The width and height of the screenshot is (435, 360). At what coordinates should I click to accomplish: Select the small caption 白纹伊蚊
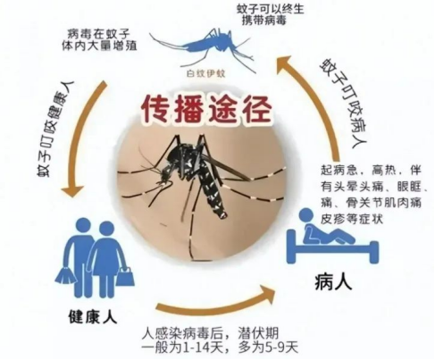click(206, 73)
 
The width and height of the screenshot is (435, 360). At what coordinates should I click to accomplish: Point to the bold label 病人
click(333, 281)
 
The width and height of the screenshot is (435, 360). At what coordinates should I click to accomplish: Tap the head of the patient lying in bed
click(307, 215)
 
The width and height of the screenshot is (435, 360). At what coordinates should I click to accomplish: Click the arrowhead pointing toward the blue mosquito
click(287, 66)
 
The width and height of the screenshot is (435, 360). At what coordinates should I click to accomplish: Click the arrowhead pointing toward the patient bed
click(266, 294)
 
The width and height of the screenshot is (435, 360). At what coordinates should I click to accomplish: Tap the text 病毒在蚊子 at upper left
click(98, 33)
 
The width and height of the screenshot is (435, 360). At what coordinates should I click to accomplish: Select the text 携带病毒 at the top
click(264, 21)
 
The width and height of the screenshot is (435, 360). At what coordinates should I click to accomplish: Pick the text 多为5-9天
click(268, 347)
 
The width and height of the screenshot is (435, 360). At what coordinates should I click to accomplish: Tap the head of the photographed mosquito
click(164, 176)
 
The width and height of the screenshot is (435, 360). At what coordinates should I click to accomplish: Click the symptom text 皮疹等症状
click(352, 219)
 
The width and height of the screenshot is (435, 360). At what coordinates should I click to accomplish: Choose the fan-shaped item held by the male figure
click(64, 277)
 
